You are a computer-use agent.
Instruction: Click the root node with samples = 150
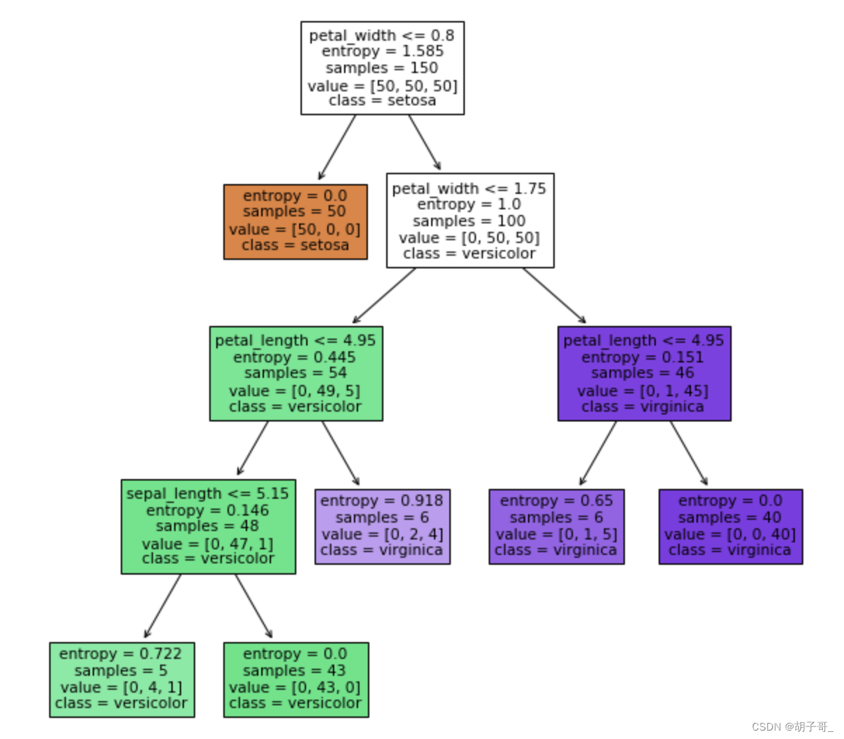tap(382, 68)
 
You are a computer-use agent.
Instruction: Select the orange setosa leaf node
tap(295, 221)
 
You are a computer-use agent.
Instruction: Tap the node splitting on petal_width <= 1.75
tap(470, 221)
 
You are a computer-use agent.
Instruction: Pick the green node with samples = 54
tap(296, 373)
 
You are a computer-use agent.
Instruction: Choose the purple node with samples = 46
tap(644, 373)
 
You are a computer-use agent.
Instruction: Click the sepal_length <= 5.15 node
tap(208, 526)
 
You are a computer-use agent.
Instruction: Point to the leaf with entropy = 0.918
tap(382, 526)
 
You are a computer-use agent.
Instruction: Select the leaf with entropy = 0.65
tap(556, 526)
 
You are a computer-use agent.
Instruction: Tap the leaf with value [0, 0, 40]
tap(730, 526)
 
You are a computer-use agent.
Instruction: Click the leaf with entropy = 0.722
tap(121, 679)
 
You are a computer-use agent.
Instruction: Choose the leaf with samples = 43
tap(296, 679)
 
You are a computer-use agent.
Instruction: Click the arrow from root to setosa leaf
tap(337, 147)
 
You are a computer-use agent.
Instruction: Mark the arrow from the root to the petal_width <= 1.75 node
tap(424, 143)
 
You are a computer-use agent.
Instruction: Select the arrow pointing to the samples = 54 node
tap(385, 295)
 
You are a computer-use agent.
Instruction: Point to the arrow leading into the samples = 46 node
tap(553, 295)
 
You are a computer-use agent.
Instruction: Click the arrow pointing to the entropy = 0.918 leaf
tap(341, 453)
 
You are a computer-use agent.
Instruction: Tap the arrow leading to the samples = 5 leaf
tap(163, 606)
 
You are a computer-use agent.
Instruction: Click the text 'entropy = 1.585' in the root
tap(382, 51)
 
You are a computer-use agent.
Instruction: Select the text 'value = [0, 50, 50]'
tap(469, 237)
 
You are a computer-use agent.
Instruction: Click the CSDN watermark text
tap(791, 726)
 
